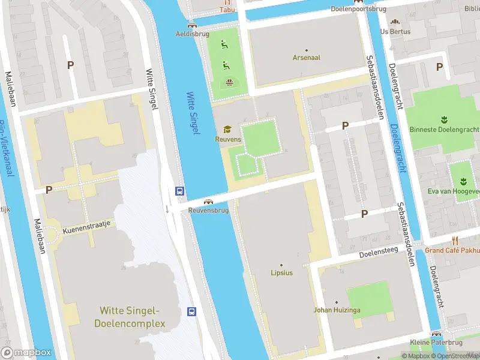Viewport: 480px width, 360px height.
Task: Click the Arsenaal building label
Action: [x=306, y=58]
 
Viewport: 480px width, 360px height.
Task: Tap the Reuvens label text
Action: [x=228, y=139]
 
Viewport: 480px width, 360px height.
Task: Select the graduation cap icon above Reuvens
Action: [x=227, y=129]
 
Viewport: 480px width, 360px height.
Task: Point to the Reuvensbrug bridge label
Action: [x=208, y=211]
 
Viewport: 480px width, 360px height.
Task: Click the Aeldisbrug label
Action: [x=191, y=34]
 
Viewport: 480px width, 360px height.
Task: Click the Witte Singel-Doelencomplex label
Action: [x=129, y=317]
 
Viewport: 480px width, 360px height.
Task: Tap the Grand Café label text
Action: [x=452, y=250]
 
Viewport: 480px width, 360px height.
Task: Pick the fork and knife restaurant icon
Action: [x=455, y=240]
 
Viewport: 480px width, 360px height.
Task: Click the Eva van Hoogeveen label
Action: [x=461, y=191]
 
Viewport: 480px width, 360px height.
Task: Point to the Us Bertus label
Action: [x=395, y=31]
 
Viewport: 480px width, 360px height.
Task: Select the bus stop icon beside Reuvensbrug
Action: [x=179, y=191]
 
